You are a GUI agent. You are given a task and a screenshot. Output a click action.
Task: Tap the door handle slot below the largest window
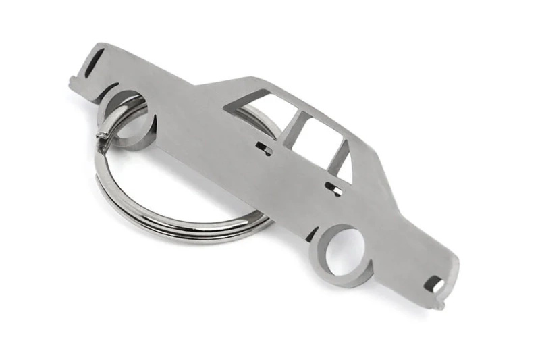click(264, 148)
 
